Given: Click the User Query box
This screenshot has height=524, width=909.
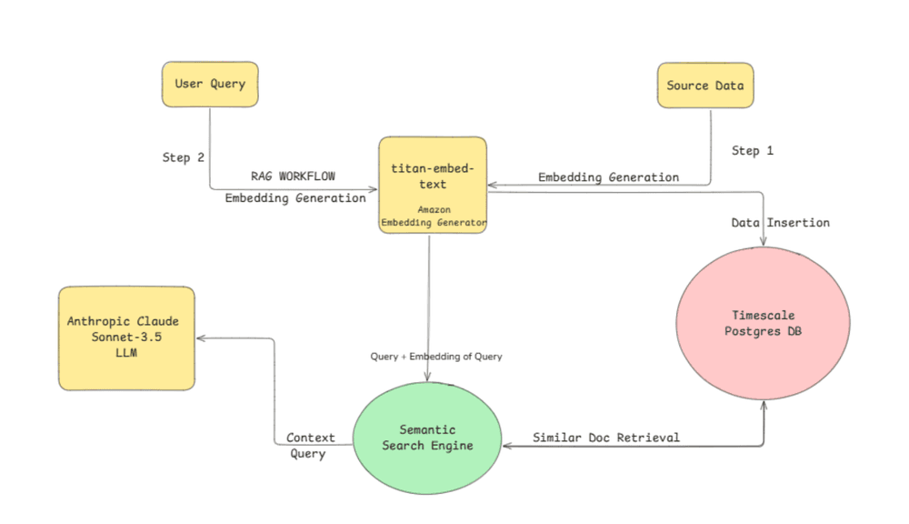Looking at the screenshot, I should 210,85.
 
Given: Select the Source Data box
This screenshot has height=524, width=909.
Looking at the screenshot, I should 705,86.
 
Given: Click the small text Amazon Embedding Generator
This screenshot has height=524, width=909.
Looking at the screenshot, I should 434,217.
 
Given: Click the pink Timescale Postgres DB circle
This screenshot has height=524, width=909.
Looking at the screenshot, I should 763,323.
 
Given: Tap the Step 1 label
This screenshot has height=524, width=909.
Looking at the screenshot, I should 752,151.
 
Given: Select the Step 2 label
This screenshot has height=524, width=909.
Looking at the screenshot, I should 183,157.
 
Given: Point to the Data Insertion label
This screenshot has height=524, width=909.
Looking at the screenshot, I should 780,223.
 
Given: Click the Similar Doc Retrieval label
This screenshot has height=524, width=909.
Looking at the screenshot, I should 605,438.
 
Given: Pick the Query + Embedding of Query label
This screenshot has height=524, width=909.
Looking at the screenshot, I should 436,357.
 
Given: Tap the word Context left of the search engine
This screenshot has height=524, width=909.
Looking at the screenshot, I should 311,438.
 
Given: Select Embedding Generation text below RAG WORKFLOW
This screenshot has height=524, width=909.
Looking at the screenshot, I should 295,197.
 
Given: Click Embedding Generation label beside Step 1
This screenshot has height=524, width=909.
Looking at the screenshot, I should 608,177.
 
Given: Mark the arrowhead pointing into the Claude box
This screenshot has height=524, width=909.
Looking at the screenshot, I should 202,338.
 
